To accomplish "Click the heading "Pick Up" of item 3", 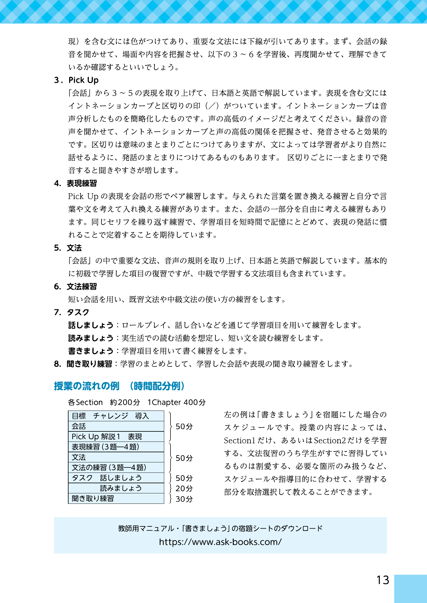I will pos(83,80).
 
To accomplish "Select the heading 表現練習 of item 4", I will pos(82,183).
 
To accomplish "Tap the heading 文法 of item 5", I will pos(74,248).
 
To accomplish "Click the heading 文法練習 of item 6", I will pos(82,287).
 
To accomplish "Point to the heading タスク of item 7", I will pos(78,312).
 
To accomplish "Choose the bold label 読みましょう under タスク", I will pos(91,338).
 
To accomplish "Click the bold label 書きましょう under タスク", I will pos(91,351).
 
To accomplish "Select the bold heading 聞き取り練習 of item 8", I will pos(89,364).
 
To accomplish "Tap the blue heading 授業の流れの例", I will pos(87,386).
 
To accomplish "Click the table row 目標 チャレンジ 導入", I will pos(116,416).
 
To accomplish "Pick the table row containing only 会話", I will pos(116,426).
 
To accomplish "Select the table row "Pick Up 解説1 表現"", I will pos(116,437).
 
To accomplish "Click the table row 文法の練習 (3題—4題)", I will pos(116,467).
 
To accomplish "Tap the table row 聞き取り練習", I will pos(116,498).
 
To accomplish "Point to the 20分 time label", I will pos(184,489).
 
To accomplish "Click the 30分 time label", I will pos(184,499).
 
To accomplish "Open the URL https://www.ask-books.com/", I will pos(220,542).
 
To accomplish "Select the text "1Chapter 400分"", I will pos(176,402).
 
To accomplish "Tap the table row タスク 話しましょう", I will pos(116,478).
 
